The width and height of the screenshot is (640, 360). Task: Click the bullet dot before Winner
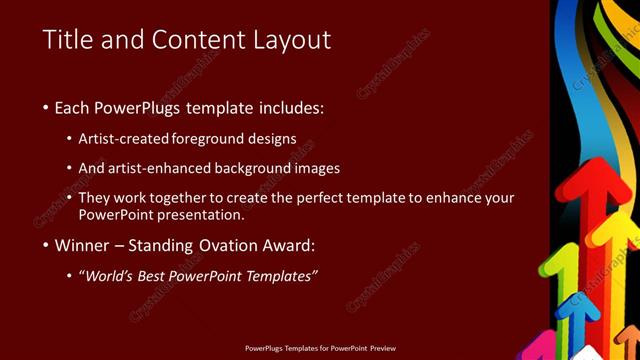pyautogui.click(x=47, y=245)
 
